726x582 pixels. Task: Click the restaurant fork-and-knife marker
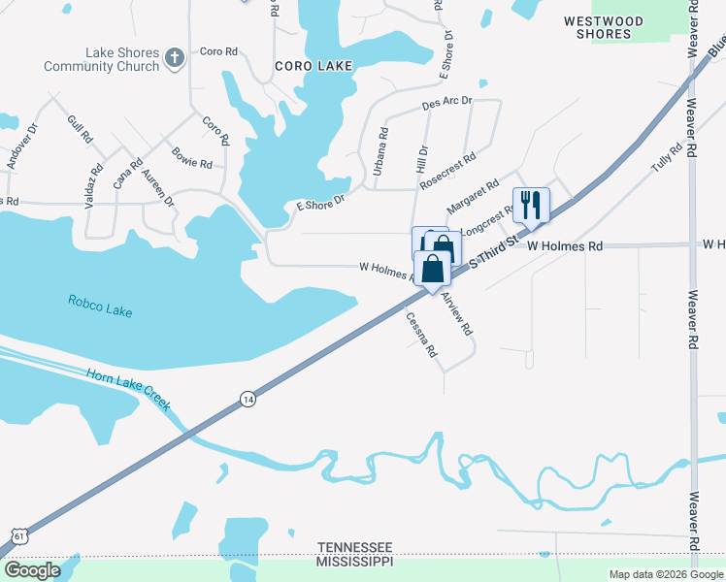pos(530,205)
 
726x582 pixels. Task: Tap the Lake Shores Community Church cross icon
pos(175,58)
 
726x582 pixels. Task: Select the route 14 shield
pos(248,400)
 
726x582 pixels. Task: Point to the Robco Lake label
pos(100,306)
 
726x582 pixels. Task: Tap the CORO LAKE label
pos(311,66)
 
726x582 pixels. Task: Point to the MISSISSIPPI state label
pos(354,562)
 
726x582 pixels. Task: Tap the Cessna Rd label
pos(421,336)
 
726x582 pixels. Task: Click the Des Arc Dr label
pos(446,102)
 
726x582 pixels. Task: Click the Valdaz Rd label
pos(96,181)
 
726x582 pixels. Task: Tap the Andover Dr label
pos(22,146)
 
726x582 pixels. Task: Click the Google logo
pos(33,570)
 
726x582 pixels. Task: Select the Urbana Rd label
pos(381,151)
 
